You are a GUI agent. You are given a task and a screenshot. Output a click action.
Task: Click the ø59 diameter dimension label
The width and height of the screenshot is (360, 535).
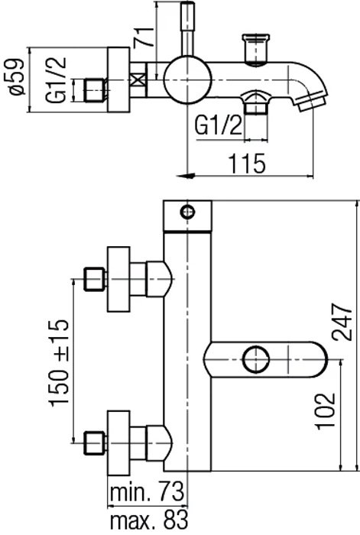pos(16,78)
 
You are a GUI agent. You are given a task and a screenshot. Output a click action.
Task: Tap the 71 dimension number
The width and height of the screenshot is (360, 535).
pos(144,37)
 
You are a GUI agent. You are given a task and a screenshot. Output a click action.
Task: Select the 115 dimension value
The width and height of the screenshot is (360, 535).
pos(247,164)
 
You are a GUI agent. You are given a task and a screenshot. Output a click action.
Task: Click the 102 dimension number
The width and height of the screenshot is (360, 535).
pos(326,411)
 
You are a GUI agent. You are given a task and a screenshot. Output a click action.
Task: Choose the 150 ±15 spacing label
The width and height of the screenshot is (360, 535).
pos(59,363)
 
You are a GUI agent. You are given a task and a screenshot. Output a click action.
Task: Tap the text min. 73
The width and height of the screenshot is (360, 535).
pos(147,491)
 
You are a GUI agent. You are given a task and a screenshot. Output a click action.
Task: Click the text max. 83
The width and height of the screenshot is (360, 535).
pos(149,520)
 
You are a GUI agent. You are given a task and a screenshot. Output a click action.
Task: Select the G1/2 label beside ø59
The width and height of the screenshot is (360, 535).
pos(56,79)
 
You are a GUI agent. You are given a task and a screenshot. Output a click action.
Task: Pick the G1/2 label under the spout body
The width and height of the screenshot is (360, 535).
pos(218,125)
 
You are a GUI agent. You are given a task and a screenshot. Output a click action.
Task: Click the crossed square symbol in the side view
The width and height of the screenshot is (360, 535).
pos(138,80)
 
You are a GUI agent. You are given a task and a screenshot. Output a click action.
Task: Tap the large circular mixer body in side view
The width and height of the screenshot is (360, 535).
pos(186,79)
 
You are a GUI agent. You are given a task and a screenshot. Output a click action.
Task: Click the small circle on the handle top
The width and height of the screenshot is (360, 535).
pos(188,212)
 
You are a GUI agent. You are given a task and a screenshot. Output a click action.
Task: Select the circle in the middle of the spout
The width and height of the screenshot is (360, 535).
pos(255,359)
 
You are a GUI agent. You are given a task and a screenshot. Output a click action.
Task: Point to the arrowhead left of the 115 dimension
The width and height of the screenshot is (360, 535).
pos(185,176)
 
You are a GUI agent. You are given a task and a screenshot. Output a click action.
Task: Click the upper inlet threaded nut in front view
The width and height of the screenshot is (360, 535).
pos(95,279)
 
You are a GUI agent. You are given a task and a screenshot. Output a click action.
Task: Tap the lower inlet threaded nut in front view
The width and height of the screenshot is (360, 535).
pos(95,443)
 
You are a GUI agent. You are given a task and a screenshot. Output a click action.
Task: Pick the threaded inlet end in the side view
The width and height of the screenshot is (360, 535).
pos(96,90)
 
